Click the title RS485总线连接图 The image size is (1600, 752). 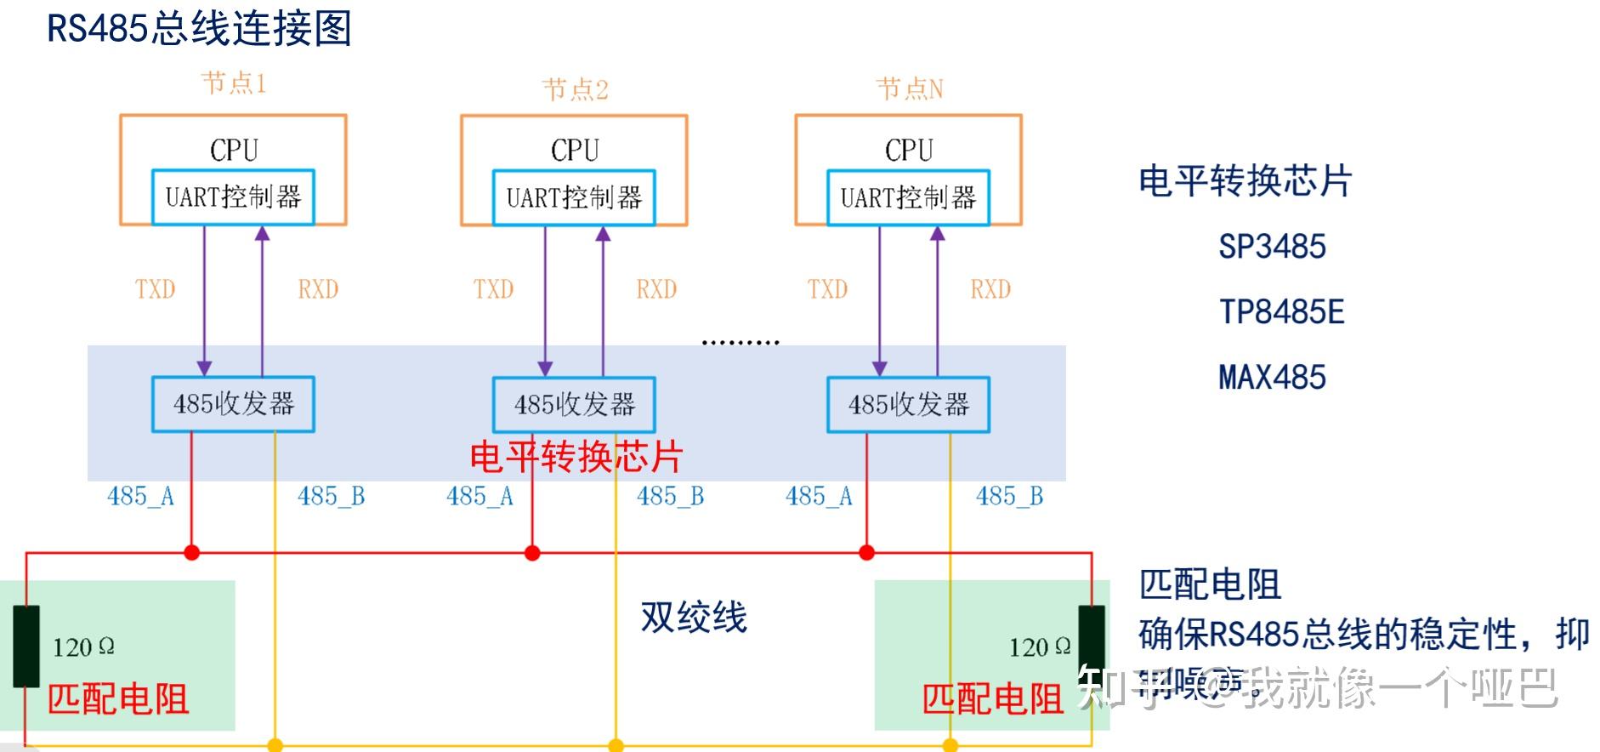pyautogui.click(x=199, y=29)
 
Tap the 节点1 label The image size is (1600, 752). pyautogui.click(x=234, y=83)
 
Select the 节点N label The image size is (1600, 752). pyautogui.click(x=909, y=88)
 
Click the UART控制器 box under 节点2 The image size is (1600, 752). pyautogui.click(x=574, y=198)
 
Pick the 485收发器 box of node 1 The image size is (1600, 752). pyautogui.click(x=233, y=404)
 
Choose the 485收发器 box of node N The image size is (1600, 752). pyautogui.click(x=908, y=404)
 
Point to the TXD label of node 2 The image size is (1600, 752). pyautogui.click(x=494, y=289)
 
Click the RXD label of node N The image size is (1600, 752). pyautogui.click(x=990, y=289)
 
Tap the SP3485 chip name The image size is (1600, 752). pyautogui.click(x=1272, y=247)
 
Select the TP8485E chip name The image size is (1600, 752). pyautogui.click(x=1282, y=312)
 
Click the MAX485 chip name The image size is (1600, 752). pyautogui.click(x=1272, y=377)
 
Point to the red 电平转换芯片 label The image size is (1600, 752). pyautogui.click(x=576, y=457)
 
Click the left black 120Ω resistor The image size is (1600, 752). pyautogui.click(x=26, y=647)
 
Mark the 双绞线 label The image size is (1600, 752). pyautogui.click(x=693, y=617)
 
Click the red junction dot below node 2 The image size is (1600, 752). pyautogui.click(x=532, y=553)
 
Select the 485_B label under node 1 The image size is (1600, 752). pyautogui.click(x=331, y=496)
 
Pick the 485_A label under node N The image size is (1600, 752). pyautogui.click(x=819, y=496)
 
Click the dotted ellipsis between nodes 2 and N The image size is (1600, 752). pyautogui.click(x=740, y=342)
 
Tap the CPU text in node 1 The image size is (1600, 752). pyautogui.click(x=234, y=151)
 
